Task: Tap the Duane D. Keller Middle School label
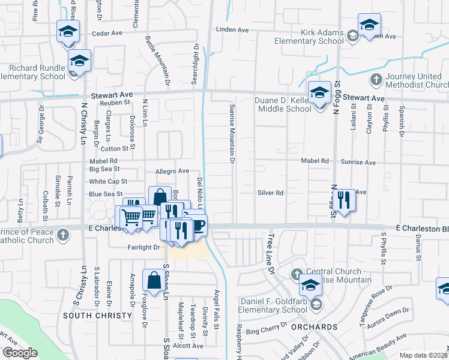click(285, 103)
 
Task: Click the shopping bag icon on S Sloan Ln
click(154, 281)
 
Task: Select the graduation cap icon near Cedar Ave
click(68, 31)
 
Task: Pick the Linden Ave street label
click(232, 29)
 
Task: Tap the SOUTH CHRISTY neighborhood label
click(97, 315)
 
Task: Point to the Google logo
click(20, 353)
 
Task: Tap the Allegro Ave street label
click(172, 171)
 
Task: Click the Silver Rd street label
click(270, 193)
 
